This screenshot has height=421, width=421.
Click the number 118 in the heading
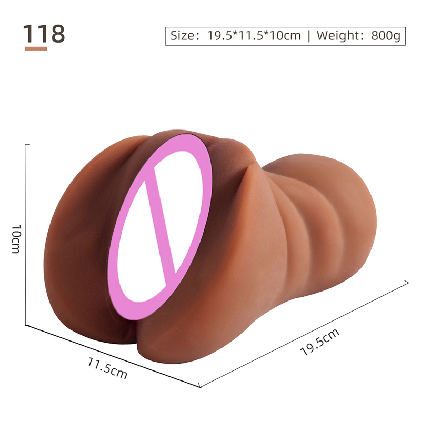coord(44,34)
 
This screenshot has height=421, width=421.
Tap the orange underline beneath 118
coord(36,48)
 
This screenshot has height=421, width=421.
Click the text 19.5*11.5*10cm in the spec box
coord(254,36)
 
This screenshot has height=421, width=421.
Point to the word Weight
coord(339,36)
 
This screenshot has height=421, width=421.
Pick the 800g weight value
coord(386,36)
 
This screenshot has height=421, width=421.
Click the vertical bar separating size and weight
coord(309,36)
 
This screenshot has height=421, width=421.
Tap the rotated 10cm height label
coord(16,239)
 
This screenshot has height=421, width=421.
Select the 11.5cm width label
coord(107,368)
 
